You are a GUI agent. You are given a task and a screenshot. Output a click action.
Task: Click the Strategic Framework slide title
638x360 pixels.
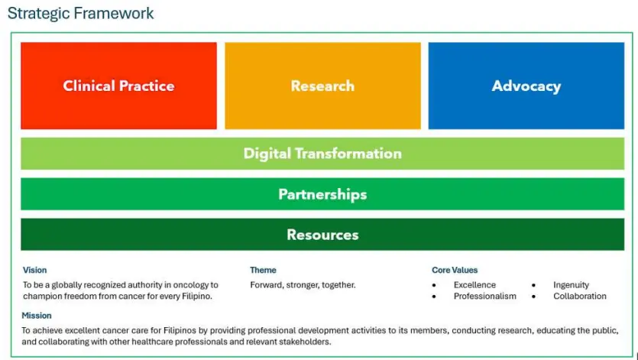[x=80, y=13]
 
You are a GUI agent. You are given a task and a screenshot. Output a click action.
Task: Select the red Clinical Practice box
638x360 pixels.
[x=118, y=86]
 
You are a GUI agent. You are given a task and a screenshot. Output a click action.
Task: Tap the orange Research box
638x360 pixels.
[x=322, y=86]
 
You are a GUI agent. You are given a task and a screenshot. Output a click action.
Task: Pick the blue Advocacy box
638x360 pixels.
[x=526, y=86]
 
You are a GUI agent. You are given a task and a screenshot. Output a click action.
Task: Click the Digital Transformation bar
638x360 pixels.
[x=322, y=154]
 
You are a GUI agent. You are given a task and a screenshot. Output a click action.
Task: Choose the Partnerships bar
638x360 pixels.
[x=322, y=194]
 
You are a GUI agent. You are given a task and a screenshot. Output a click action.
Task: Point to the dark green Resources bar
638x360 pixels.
[x=322, y=234]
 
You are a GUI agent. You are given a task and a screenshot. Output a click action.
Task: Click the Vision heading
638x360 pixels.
[x=34, y=270]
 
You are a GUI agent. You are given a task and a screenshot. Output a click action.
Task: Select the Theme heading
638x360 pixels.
[x=263, y=270]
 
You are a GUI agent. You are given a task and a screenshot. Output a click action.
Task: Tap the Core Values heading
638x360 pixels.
[x=455, y=270]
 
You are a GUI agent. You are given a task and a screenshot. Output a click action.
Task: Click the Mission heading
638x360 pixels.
[x=37, y=316]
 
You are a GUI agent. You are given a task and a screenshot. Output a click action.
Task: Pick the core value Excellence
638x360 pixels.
[x=474, y=284]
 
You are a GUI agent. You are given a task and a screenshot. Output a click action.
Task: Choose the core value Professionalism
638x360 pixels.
[x=485, y=296]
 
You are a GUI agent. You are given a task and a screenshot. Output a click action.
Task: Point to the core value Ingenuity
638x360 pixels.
[x=571, y=285]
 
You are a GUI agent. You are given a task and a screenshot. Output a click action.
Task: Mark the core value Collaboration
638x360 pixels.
[x=580, y=296]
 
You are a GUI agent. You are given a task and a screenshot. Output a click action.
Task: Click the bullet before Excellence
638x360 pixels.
[x=434, y=285]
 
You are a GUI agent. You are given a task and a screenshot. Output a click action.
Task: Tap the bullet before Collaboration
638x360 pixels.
[x=533, y=297]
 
